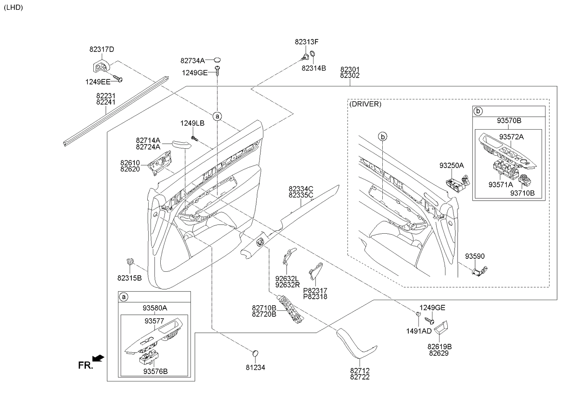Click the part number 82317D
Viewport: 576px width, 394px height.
(x=102, y=49)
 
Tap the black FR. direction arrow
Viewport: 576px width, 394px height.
(x=98, y=358)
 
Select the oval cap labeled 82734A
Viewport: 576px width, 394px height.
(x=217, y=60)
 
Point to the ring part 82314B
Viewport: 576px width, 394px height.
(x=313, y=54)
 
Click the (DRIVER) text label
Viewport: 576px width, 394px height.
(x=365, y=104)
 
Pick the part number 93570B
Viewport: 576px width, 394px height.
(x=509, y=120)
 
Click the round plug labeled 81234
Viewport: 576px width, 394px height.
(x=255, y=354)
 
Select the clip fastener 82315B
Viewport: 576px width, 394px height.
(x=131, y=262)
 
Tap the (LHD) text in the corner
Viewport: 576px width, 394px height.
(x=13, y=7)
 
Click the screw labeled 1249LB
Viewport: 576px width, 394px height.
(x=194, y=138)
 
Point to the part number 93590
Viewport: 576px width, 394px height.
(x=475, y=256)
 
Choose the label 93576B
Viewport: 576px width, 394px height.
(x=155, y=371)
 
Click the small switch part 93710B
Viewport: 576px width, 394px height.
(x=524, y=180)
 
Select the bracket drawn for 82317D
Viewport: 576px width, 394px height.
(x=101, y=66)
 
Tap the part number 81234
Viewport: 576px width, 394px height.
(x=255, y=368)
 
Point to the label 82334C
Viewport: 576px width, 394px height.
(x=301, y=189)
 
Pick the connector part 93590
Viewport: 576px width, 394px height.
(x=479, y=271)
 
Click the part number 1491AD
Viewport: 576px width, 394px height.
(x=419, y=331)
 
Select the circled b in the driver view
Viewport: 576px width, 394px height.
(x=383, y=137)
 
